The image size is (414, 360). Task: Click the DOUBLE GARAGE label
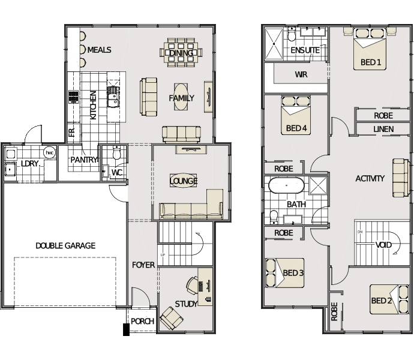65,245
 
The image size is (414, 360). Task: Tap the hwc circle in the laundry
49,152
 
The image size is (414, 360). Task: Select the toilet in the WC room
116,152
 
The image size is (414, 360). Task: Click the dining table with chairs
181,52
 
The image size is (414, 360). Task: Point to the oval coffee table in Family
181,97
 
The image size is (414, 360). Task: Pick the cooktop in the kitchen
74,97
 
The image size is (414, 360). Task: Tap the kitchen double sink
113,97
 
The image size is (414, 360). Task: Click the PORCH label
142,321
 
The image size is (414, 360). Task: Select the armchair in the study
172,318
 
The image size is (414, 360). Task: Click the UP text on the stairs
163,255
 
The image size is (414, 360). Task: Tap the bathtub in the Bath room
286,185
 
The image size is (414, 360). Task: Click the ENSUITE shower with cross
274,44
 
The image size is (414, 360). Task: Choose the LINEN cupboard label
383,129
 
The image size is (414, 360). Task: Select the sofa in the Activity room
401,178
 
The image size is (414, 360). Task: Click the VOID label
383,245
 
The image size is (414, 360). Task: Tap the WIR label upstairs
301,74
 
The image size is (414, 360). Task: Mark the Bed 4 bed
296,115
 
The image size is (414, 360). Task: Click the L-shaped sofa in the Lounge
191,204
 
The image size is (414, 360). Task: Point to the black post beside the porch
126,329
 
